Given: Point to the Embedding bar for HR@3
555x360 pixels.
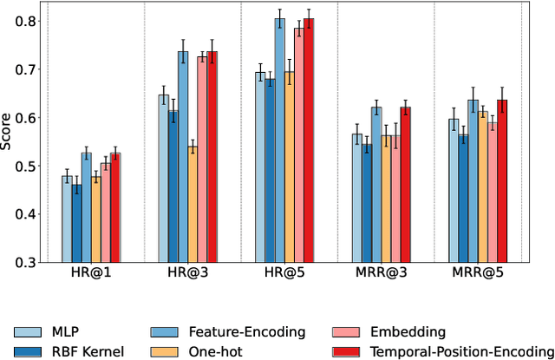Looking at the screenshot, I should point(202,160).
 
